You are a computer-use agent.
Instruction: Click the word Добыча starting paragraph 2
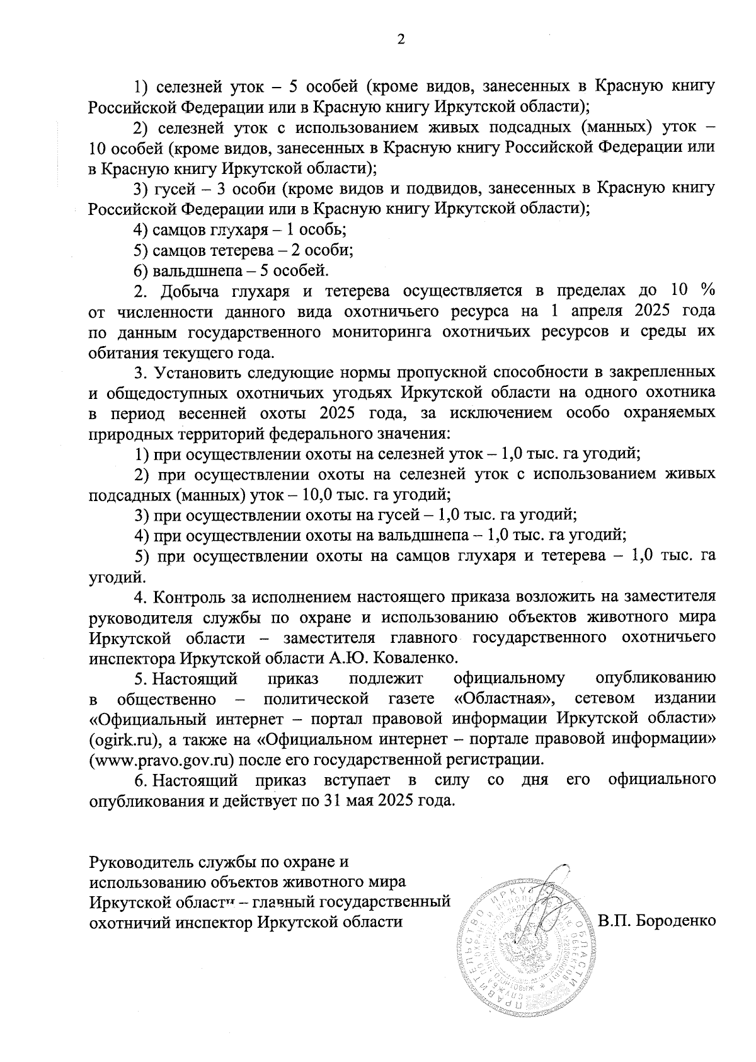click(188, 291)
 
